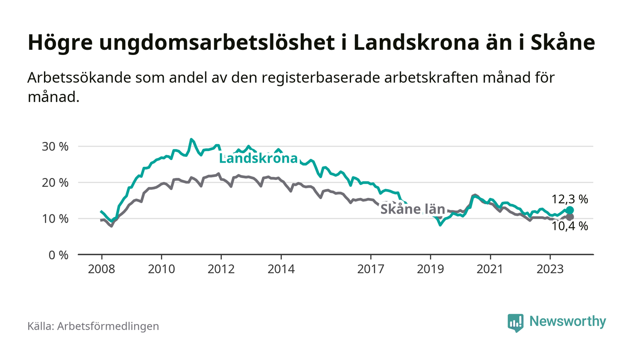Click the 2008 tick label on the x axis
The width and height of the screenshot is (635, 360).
(x=101, y=269)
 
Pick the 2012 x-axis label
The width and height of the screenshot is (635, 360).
(x=221, y=269)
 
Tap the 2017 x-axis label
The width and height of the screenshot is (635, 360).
(x=371, y=269)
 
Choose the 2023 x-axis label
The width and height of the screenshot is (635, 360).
(x=550, y=269)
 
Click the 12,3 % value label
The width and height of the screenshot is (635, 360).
(x=570, y=199)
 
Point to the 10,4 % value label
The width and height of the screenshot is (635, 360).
(x=570, y=226)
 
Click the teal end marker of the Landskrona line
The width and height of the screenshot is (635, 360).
(x=570, y=210)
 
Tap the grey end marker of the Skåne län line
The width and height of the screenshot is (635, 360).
(x=570, y=217)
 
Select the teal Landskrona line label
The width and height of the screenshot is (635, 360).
(x=258, y=159)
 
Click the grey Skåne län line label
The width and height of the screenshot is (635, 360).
(x=412, y=209)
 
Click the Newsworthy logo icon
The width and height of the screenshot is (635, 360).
(x=515, y=322)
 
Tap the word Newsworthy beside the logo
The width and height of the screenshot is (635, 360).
(x=567, y=321)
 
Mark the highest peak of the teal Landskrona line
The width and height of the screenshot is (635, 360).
(x=191, y=139)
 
